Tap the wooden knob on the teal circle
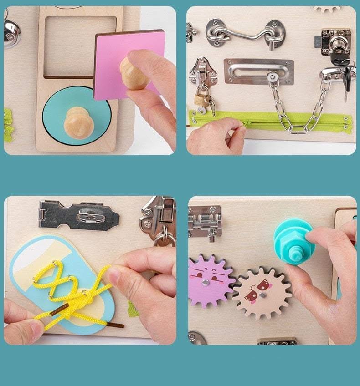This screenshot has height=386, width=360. [79, 122]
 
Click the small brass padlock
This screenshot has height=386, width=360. [201, 99]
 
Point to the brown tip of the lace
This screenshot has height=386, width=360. [114, 325]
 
